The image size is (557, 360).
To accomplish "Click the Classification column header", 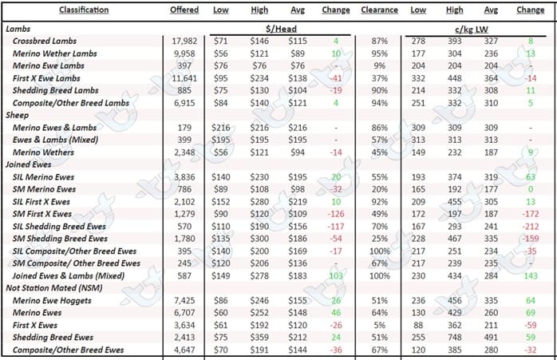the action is point(84,10).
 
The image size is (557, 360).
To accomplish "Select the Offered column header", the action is point(184,10).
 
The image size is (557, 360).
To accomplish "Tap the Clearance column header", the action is point(379,10).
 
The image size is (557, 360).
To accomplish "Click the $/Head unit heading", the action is point(281,29).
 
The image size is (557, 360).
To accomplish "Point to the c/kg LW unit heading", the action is point(472,30).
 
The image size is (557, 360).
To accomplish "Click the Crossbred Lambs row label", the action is point(45,42).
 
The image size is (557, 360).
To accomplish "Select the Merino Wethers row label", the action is point(43,152).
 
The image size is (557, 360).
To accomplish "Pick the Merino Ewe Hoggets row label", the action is point(52,301).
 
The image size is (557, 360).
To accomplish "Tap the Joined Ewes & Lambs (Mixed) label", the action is point(69,275).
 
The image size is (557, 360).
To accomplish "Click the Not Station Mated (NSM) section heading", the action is point(54,288).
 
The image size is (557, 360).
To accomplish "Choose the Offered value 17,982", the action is point(184,42).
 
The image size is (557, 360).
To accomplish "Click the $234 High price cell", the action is point(259,78).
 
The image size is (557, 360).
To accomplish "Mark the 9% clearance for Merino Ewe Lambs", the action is point(379,65).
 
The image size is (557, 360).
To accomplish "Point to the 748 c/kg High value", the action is point(454,338).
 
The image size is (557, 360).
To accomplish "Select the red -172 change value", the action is point(530,214).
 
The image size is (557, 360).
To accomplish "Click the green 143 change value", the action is point(531,275).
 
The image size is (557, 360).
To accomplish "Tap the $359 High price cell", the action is point(259,338).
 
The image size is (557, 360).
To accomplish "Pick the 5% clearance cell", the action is point(379,325).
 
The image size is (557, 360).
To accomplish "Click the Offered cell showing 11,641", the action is point(184,78).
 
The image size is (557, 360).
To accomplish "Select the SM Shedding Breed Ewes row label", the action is point(60,239).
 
